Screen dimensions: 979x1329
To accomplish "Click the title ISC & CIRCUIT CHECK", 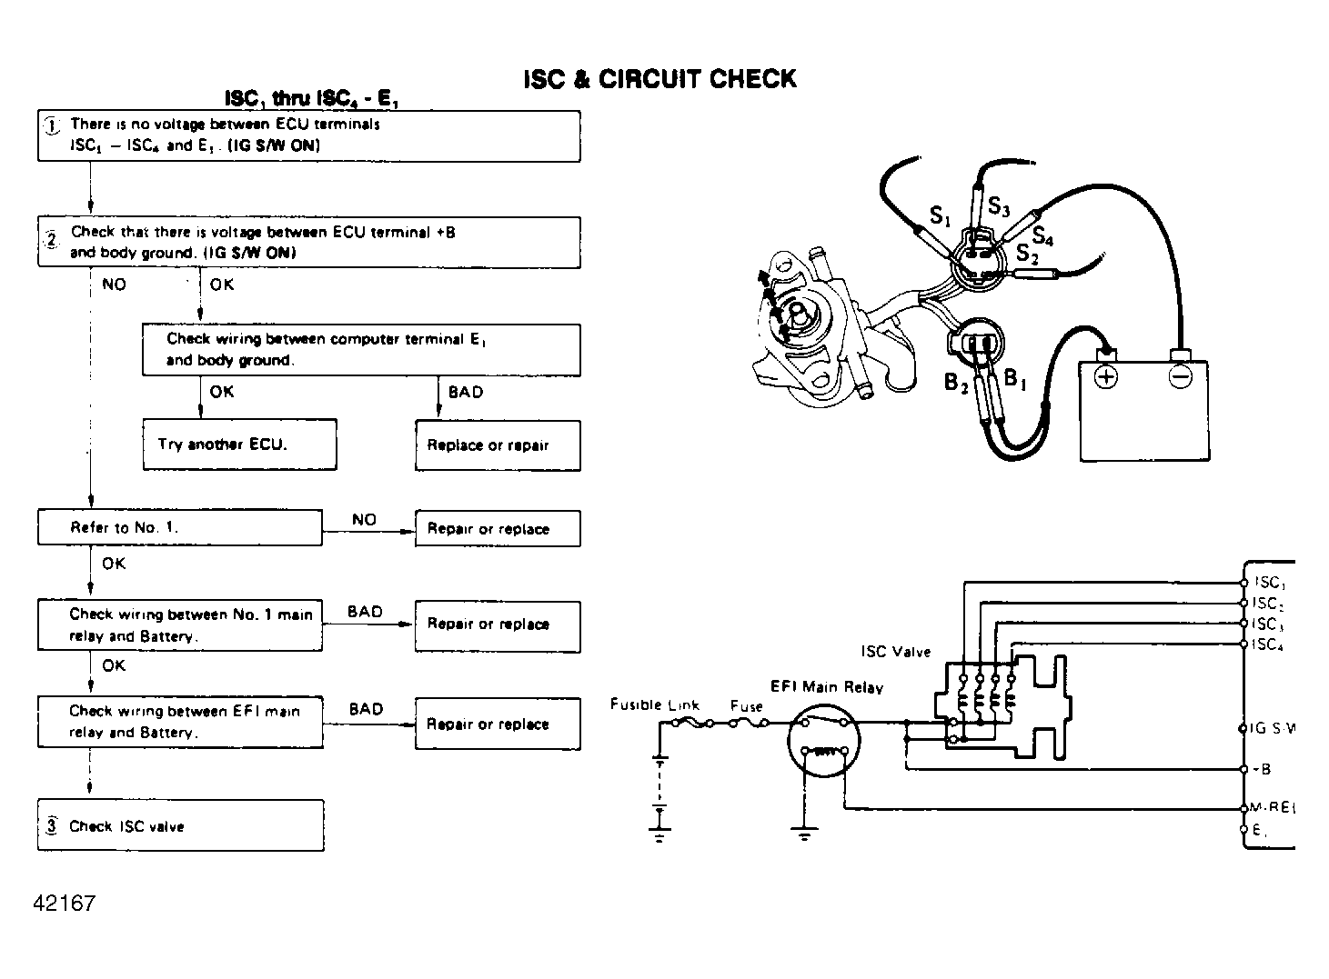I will pyautogui.click(x=659, y=79).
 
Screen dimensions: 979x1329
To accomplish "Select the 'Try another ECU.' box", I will pyautogui.click(x=239, y=445).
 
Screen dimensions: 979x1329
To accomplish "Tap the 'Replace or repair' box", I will pyautogui.click(x=498, y=445).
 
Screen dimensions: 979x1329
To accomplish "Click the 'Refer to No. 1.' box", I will pyautogui.click(x=179, y=527).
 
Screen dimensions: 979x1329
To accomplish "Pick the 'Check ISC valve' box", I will pyautogui.click(x=180, y=825).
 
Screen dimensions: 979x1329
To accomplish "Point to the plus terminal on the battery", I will pyautogui.click(x=1105, y=375).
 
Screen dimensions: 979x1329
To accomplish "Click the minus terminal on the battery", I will pyautogui.click(x=1180, y=375).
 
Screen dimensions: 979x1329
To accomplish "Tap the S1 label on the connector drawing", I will pyautogui.click(x=940, y=215).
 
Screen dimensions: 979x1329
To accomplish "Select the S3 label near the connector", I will pyautogui.click(x=999, y=207).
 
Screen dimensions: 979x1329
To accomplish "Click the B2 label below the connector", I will pyautogui.click(x=955, y=383).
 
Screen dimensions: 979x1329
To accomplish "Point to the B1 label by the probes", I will pyautogui.click(x=1014, y=379).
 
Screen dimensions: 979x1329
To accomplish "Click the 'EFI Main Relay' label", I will pyautogui.click(x=826, y=687).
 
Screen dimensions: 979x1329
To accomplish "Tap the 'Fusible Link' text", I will pyautogui.click(x=654, y=704).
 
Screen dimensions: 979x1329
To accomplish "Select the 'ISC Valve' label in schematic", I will pyautogui.click(x=896, y=652).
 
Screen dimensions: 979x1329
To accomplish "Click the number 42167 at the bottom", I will pyautogui.click(x=64, y=904).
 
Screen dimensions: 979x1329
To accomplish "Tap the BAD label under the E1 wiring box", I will pyautogui.click(x=466, y=392).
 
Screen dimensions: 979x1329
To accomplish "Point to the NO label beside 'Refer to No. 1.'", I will pyautogui.click(x=364, y=519).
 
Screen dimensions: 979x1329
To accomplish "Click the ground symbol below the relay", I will pyautogui.click(x=804, y=834).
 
